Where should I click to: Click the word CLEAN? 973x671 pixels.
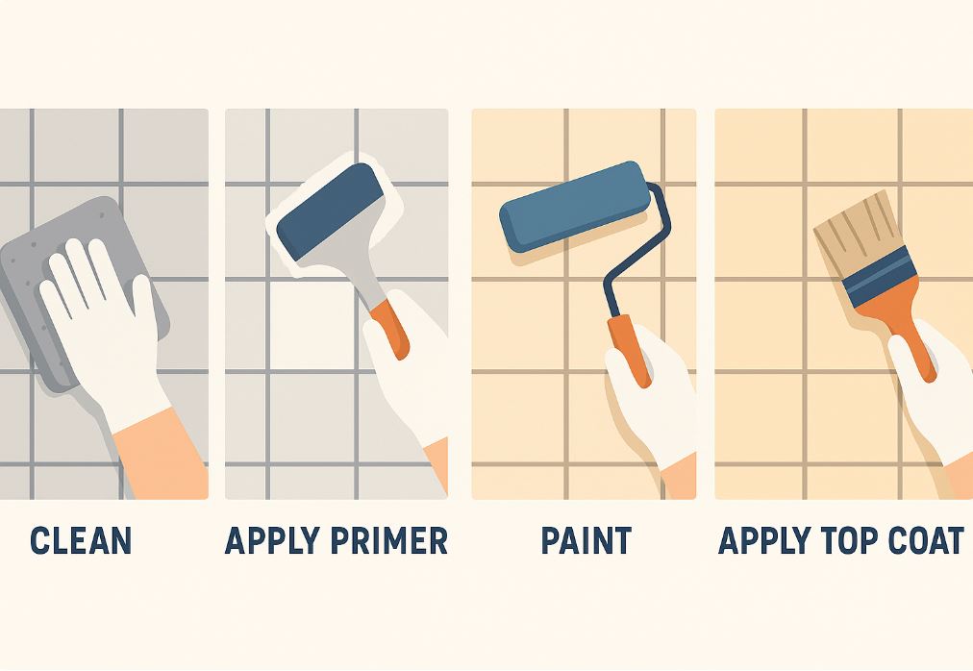81,540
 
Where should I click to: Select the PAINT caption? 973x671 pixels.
586,540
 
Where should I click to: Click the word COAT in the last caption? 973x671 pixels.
927,540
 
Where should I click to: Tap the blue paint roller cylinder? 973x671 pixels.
575,206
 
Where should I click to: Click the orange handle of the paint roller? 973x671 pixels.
629,350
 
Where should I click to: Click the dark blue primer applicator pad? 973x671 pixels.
330,211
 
